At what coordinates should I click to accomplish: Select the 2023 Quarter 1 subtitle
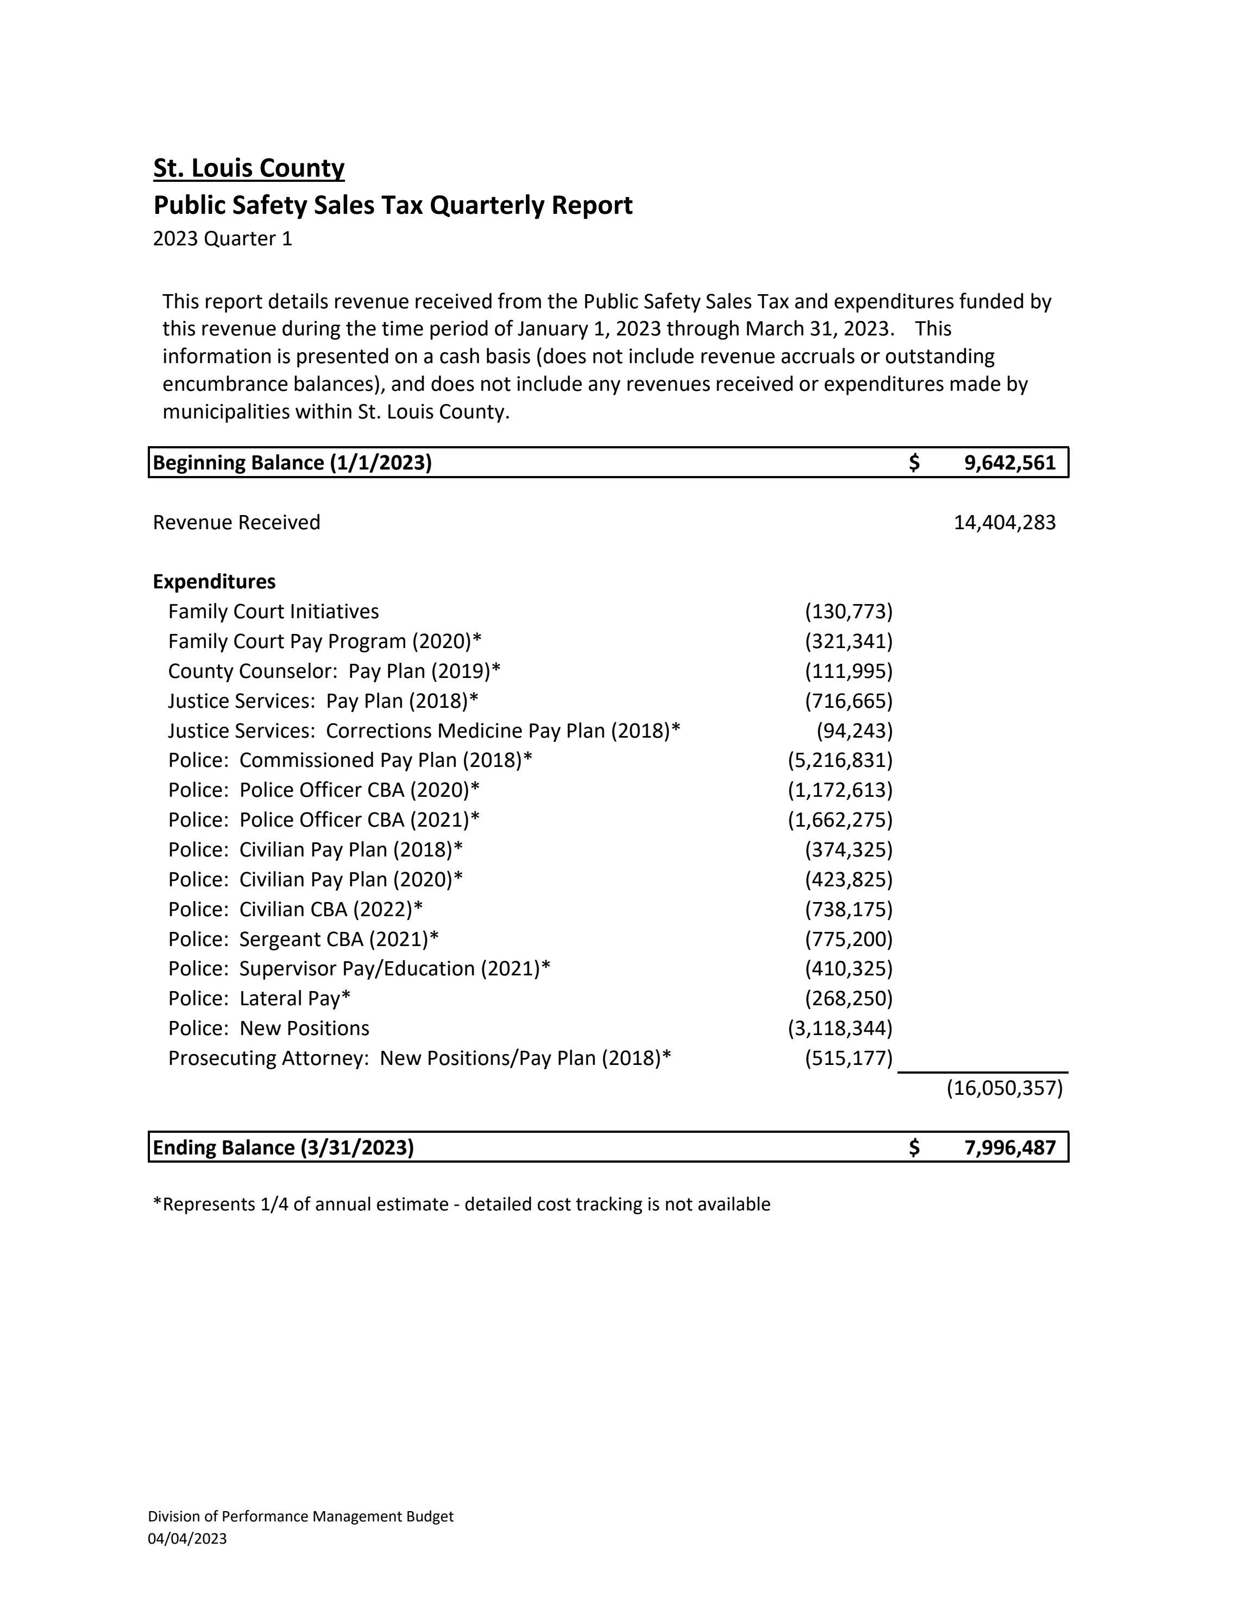point(223,239)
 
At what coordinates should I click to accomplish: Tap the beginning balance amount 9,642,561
point(1010,462)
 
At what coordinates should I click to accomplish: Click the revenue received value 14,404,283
point(1004,523)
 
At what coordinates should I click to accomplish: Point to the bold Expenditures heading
point(213,581)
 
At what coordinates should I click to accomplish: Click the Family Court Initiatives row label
point(273,611)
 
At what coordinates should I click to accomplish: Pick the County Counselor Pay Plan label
point(334,671)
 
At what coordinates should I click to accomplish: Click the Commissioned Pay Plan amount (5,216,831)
point(839,760)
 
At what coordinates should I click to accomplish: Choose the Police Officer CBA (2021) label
point(324,820)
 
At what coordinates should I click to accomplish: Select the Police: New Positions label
point(268,1029)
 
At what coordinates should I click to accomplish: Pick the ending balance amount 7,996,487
point(1010,1147)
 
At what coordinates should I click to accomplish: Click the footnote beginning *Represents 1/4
point(461,1204)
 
